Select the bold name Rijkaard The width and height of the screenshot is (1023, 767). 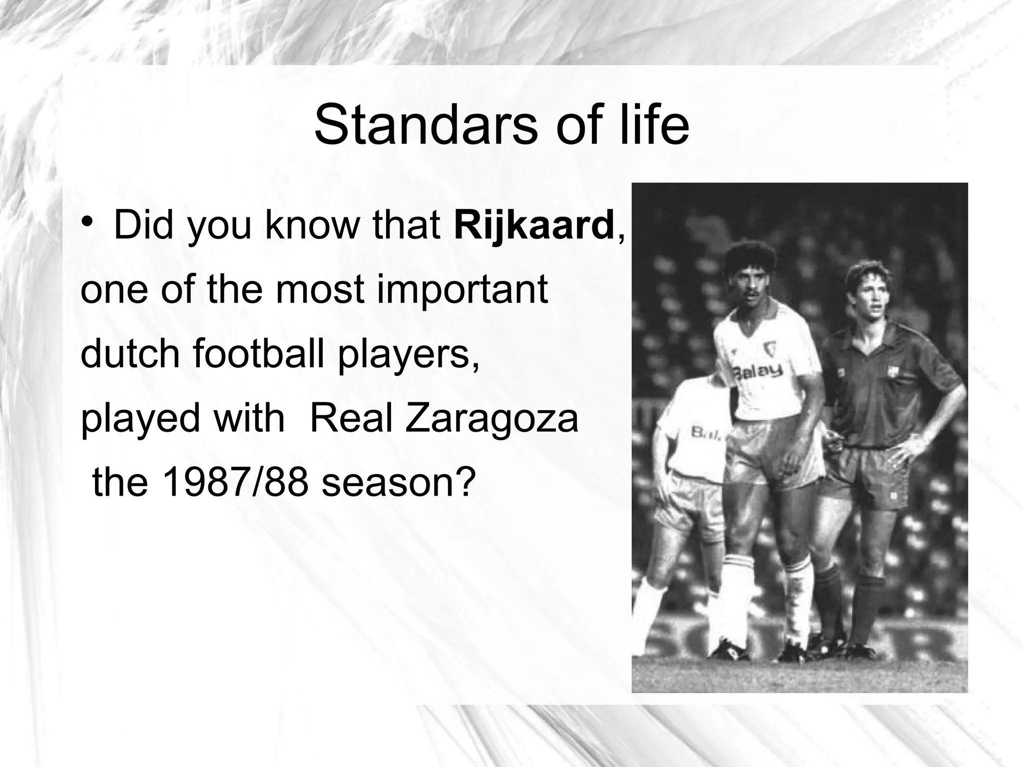point(533,226)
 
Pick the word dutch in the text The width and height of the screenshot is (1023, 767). point(130,354)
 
